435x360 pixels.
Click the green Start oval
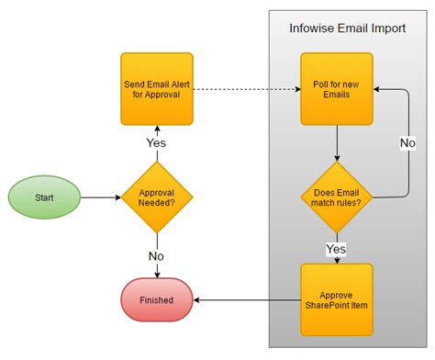44,197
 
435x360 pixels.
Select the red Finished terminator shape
157,299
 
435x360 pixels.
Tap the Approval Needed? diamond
157,197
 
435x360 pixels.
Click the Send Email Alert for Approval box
157,89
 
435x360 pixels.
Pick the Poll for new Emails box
337,89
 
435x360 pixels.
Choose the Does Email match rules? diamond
337,197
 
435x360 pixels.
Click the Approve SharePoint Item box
337,299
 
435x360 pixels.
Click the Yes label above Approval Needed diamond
157,143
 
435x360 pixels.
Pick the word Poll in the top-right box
318,83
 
